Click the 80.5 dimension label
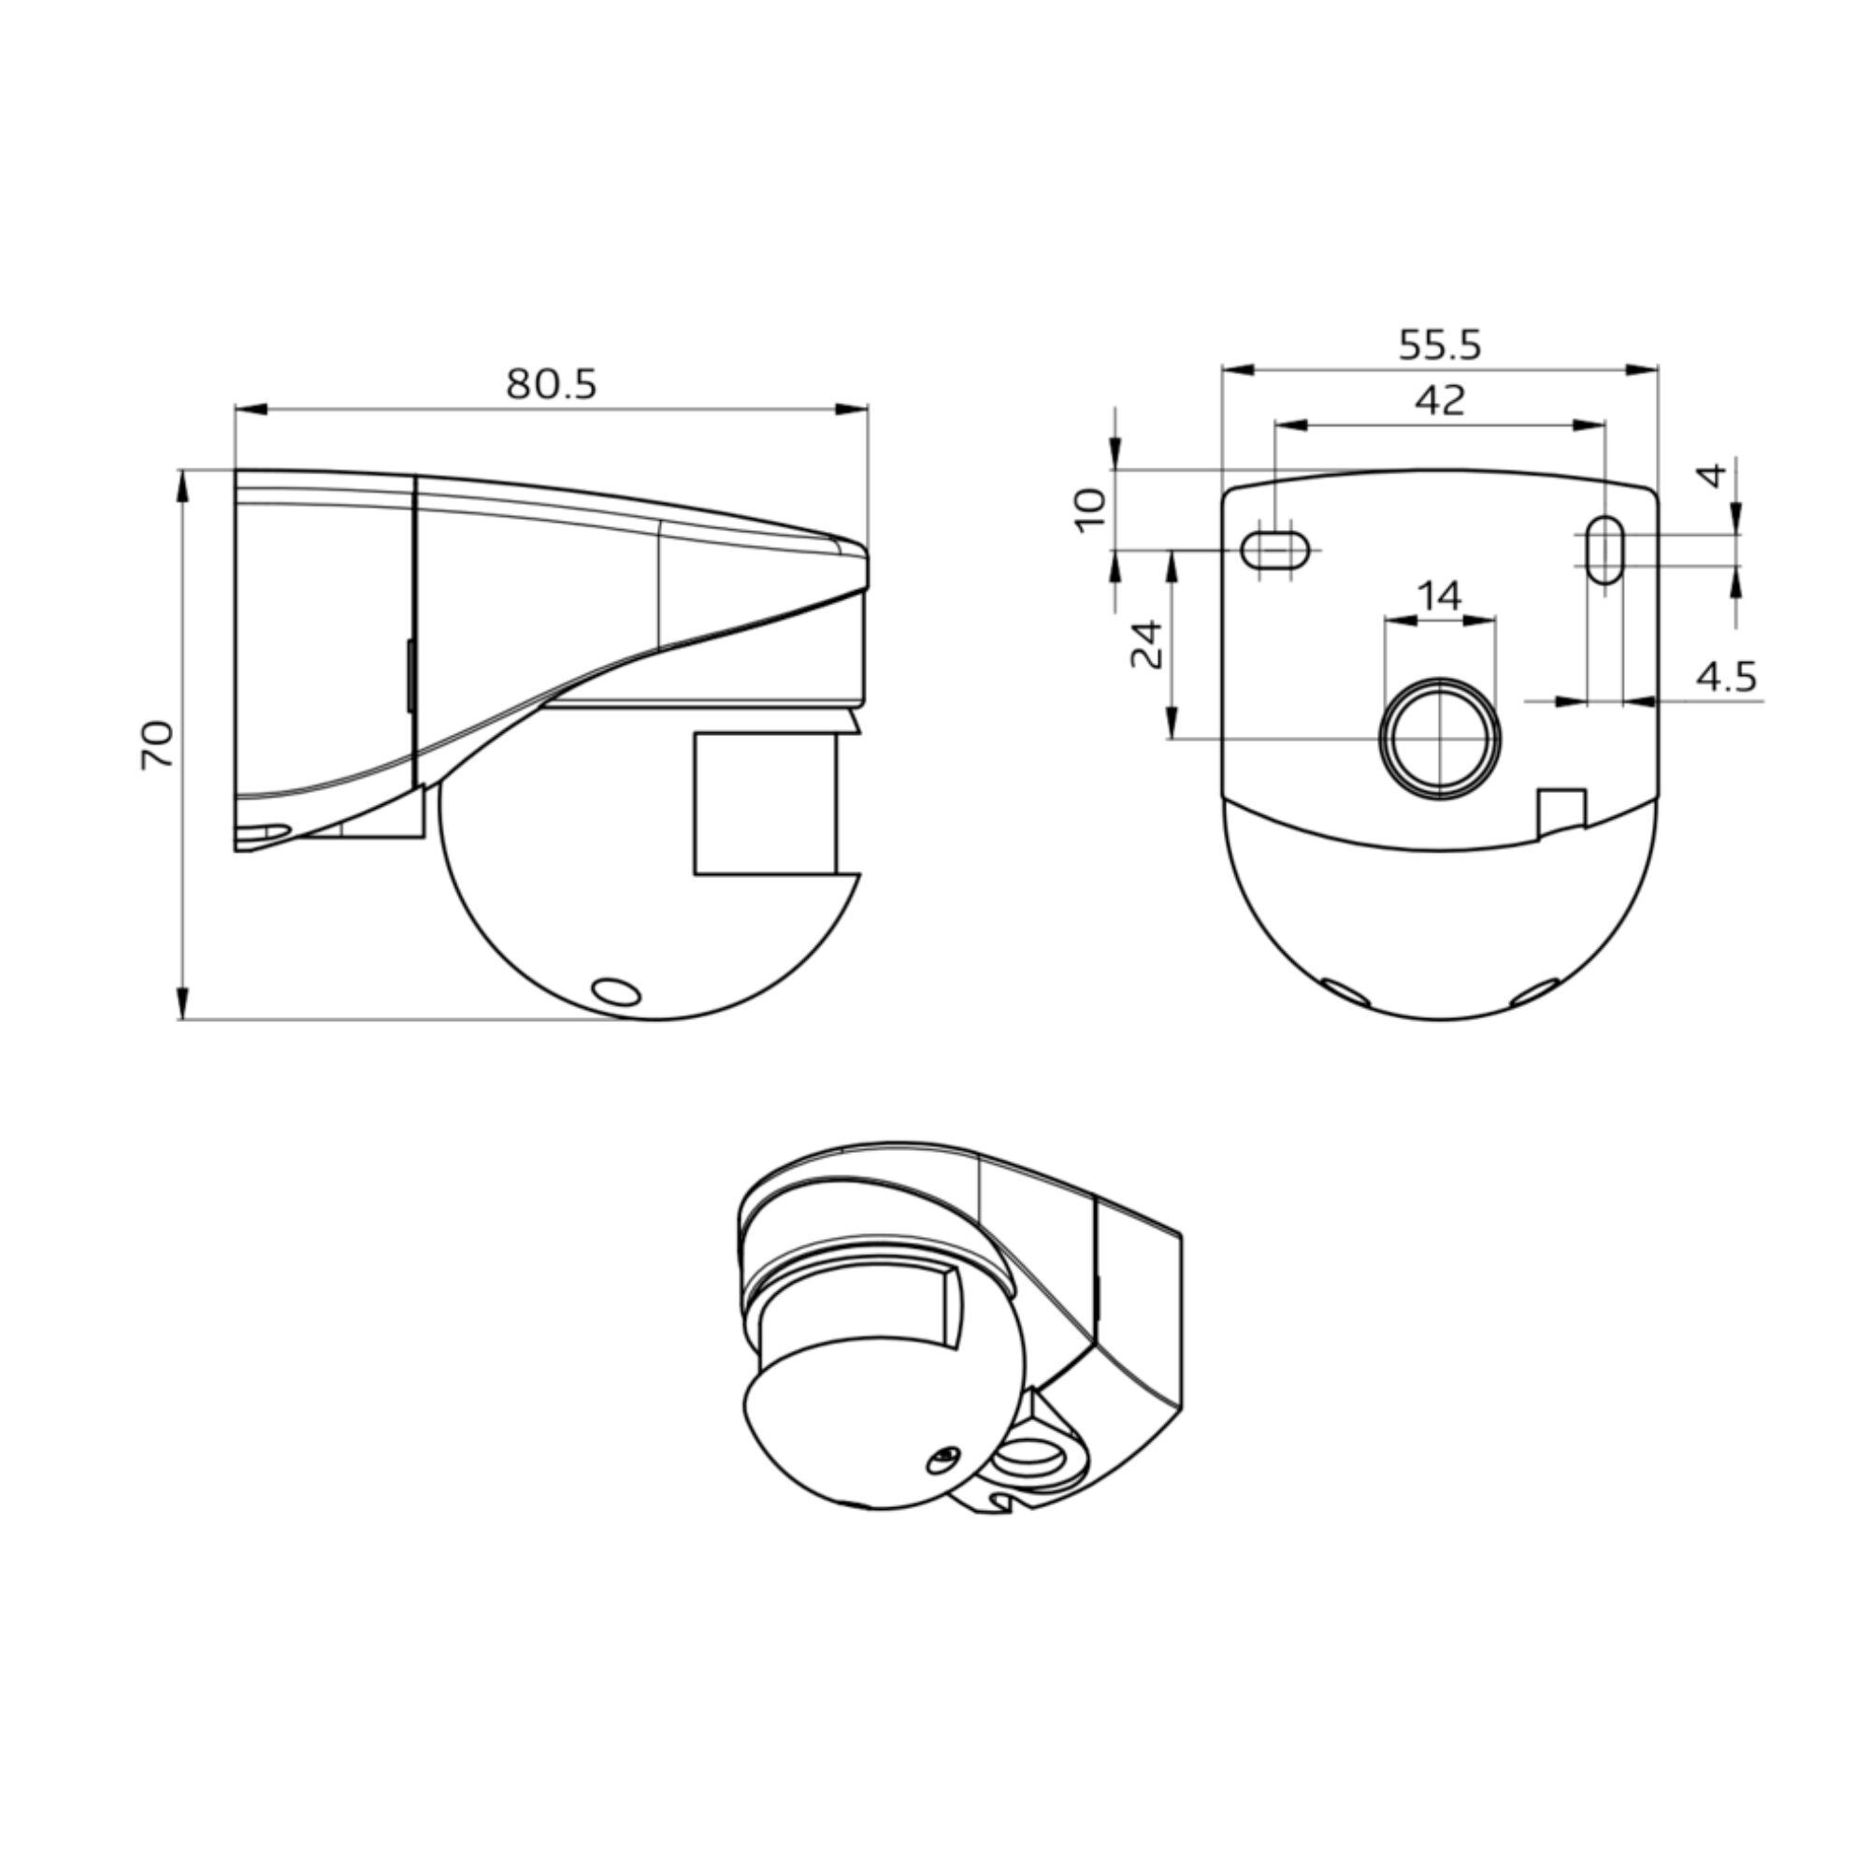[552, 385]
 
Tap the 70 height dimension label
[157, 745]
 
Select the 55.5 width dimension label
[1439, 346]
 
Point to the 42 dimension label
[1440, 400]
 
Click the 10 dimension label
[1090, 510]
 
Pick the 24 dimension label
[1147, 645]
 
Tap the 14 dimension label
[1439, 596]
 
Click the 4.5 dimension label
[1726, 678]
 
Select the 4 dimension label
[1713, 475]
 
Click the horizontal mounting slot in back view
[1274, 551]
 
